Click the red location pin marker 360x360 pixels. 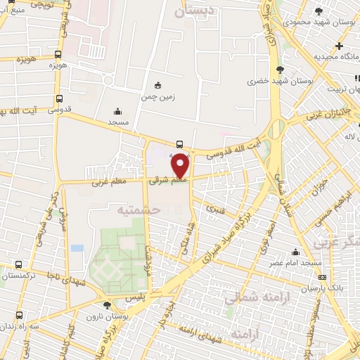[x=181, y=167]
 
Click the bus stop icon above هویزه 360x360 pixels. [x=58, y=53]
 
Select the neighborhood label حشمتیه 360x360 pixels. [x=139, y=210]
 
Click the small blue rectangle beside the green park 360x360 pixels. [x=77, y=248]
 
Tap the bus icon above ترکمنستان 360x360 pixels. [x=18, y=265]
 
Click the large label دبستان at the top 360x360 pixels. [x=193, y=12]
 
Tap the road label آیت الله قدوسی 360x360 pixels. [x=239, y=148]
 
